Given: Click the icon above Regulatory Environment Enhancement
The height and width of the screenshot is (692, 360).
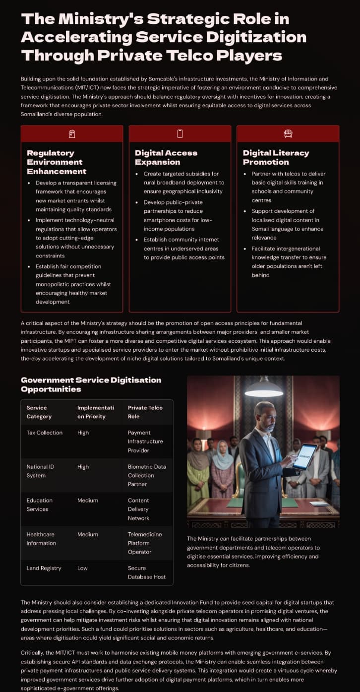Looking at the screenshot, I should tap(72, 134).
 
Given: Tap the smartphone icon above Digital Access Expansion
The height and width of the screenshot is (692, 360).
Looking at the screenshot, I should tap(180, 134).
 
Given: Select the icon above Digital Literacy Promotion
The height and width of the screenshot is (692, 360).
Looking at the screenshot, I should tap(288, 134).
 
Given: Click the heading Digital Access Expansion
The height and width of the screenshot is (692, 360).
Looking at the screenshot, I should tap(166, 157).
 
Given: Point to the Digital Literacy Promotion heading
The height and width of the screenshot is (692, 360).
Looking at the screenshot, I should tap(276, 157).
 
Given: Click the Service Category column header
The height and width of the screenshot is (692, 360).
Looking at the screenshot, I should tap(39, 412).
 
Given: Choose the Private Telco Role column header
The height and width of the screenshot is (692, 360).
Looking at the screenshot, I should tap(145, 412).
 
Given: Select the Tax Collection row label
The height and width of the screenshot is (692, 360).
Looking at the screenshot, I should tap(45, 433).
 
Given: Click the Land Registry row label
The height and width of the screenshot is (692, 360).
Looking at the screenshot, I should tap(44, 568).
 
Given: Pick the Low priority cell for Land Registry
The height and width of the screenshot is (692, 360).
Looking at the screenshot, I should tap(82, 568).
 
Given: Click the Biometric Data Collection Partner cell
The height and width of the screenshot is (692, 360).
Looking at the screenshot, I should tap(147, 475).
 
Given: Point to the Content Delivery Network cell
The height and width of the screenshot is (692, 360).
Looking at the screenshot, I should tap(138, 509).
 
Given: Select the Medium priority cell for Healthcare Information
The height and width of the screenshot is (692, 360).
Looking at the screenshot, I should tap(87, 534).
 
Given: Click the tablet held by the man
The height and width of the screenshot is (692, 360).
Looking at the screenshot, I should tap(303, 456).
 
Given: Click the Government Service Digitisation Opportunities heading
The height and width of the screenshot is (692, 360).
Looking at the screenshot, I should tap(91, 384).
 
